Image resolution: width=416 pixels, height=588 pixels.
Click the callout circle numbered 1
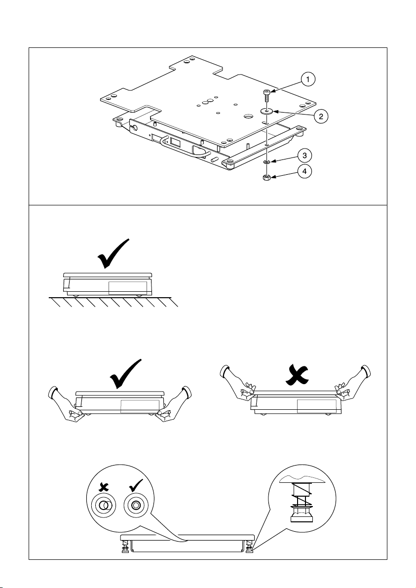(307, 79)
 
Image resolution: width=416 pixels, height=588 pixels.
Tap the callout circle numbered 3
(305, 156)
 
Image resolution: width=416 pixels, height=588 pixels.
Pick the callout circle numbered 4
(305, 172)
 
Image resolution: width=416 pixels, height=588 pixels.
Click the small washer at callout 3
(266, 161)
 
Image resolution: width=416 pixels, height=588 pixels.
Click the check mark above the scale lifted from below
(126, 374)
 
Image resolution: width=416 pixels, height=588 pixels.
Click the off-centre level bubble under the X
(104, 506)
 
